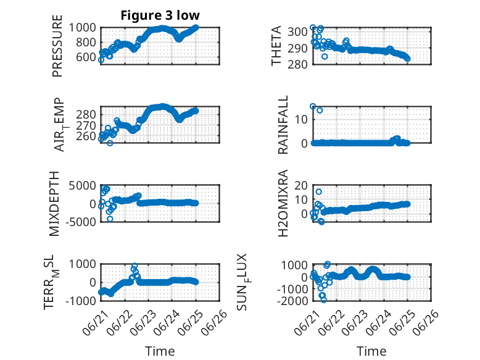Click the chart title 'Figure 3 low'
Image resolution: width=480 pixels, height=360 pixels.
click(160, 15)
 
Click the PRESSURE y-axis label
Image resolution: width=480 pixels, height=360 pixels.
click(57, 46)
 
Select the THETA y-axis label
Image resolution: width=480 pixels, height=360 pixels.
click(276, 46)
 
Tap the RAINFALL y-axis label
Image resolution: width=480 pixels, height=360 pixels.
click(283, 125)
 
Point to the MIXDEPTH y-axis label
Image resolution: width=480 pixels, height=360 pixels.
click(54, 204)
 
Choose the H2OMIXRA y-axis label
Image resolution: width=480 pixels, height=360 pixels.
click(283, 203)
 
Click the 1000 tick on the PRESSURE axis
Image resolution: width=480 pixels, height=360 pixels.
click(82, 28)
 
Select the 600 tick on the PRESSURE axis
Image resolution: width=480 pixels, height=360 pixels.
click(86, 57)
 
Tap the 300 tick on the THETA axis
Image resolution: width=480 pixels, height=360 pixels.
click(297, 31)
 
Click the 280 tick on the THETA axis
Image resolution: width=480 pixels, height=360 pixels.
click(297, 64)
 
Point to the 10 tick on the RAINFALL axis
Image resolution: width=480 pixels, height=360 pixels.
click(301, 119)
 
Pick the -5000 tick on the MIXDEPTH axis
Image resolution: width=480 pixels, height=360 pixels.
click(81, 222)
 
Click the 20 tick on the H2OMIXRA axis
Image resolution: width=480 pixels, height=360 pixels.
click(301, 185)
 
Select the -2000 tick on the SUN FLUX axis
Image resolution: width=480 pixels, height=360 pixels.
click(292, 301)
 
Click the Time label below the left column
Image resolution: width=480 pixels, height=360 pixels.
click(160, 351)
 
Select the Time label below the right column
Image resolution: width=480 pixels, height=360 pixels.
click(371, 351)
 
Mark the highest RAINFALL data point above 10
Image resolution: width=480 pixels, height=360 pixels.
click(313, 106)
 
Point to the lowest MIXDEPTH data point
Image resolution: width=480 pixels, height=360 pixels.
click(110, 219)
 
